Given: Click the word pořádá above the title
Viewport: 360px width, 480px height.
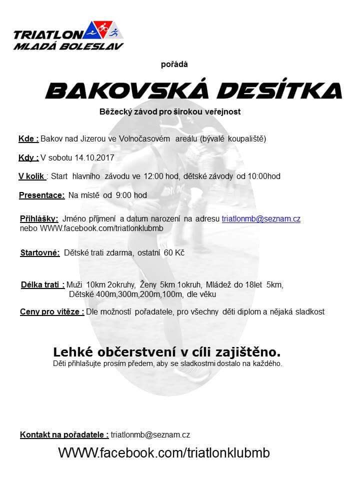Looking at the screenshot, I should (x=174, y=63).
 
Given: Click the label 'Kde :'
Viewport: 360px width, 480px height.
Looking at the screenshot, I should (x=28, y=138).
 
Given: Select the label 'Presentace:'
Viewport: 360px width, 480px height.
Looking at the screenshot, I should (x=42, y=195).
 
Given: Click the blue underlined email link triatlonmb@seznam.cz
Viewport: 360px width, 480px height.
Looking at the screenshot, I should (x=260, y=218).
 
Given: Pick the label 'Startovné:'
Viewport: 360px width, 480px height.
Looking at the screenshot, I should (x=40, y=252).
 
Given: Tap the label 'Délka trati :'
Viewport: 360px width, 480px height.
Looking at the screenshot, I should (x=42, y=284).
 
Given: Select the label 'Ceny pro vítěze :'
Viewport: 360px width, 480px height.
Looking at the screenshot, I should (x=51, y=311).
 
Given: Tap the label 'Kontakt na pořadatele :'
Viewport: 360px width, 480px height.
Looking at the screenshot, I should (x=64, y=434).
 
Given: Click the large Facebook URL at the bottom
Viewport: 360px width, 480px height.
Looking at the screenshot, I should (x=164, y=453).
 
